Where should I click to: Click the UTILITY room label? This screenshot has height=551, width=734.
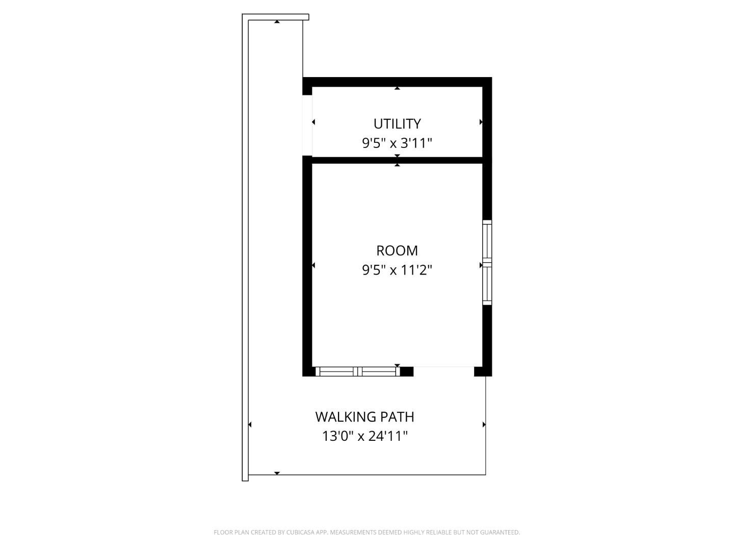[397, 124]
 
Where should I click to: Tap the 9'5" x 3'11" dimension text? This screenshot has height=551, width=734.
[397, 143]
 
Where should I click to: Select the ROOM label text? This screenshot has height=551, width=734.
[397, 251]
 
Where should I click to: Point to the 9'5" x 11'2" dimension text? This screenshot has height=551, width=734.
[397, 270]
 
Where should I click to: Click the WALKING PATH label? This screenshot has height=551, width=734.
[364, 417]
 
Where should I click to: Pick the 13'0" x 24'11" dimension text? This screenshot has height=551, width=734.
[364, 436]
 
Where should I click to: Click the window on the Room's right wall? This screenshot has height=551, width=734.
[487, 263]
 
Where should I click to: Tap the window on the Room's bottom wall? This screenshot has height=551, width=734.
[357, 371]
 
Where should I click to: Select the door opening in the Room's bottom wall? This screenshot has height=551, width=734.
[443, 371]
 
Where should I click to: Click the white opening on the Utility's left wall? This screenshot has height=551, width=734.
[307, 125]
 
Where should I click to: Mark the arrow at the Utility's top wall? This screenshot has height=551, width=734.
[397, 88]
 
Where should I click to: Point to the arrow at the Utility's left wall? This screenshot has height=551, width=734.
[313, 122]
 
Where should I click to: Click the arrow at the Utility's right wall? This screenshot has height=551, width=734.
[481, 122]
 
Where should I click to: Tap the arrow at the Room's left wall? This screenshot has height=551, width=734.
[313, 265]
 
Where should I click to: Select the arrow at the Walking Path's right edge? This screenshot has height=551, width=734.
[484, 424]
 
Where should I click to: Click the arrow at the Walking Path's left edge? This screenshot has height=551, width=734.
[250, 424]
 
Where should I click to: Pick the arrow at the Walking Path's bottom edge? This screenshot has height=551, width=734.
[277, 473]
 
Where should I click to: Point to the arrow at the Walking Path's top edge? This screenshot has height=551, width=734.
[277, 21]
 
